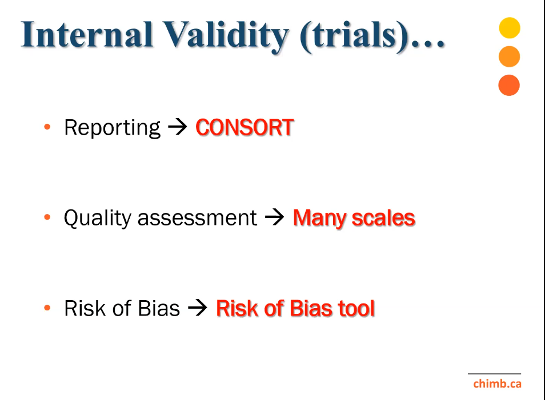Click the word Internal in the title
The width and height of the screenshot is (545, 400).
point(87,34)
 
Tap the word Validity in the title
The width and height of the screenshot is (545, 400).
point(226,37)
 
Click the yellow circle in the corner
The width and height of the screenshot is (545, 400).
point(510,28)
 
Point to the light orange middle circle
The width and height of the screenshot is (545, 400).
point(509,56)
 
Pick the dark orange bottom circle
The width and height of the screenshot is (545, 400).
point(509,85)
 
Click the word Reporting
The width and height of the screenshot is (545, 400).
point(113,128)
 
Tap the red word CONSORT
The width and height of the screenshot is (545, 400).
point(245,127)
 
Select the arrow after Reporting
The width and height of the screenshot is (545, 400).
point(178,127)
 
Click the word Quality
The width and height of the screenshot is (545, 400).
point(97,219)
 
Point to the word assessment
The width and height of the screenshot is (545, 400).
point(197,219)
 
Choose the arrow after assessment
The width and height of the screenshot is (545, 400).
point(275,217)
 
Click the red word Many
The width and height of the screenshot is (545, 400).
point(320,219)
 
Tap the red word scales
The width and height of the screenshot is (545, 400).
point(383,218)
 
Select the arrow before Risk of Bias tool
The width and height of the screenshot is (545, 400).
point(198,308)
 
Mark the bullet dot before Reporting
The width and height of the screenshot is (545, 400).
point(47,127)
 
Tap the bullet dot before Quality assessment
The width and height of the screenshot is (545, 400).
point(47,217)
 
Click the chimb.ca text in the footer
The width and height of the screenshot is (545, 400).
point(498,383)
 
